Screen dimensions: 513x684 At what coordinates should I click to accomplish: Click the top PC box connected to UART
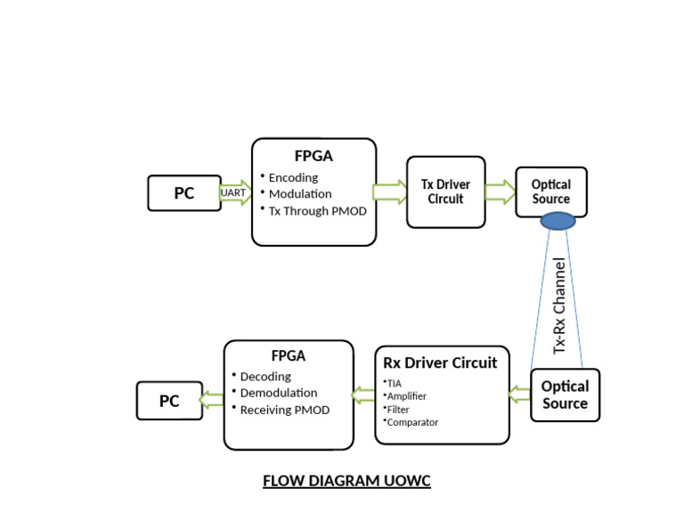[x=183, y=193]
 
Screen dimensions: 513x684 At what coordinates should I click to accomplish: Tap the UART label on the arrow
[x=233, y=192]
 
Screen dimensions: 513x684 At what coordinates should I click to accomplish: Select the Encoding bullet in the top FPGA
[x=293, y=177]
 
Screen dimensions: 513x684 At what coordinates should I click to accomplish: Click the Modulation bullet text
[x=300, y=194]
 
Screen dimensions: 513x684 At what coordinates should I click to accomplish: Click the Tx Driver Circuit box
[x=445, y=191]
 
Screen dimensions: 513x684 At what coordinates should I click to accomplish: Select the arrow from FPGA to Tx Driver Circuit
[x=390, y=191]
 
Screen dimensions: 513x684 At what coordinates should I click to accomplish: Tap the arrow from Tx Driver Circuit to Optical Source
[x=500, y=191]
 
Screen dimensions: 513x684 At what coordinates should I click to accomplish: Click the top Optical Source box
[x=550, y=191]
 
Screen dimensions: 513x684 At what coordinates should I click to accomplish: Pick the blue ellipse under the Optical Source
[x=558, y=221]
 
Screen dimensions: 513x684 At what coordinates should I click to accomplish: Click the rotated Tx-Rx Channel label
[x=559, y=305]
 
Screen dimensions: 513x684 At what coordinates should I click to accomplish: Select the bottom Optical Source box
[x=565, y=395]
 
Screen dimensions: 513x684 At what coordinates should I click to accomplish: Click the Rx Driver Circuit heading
[x=440, y=362]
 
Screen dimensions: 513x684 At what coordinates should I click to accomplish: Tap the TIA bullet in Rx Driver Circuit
[x=394, y=383]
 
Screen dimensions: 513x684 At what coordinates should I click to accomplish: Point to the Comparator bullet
[x=411, y=422]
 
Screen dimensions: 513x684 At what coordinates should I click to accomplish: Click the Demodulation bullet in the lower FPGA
[x=278, y=393]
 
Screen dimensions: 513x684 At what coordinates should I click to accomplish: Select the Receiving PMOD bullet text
[x=284, y=410]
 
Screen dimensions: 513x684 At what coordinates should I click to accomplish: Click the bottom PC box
[x=169, y=401]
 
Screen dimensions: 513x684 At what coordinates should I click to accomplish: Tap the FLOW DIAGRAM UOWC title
[x=346, y=481]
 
